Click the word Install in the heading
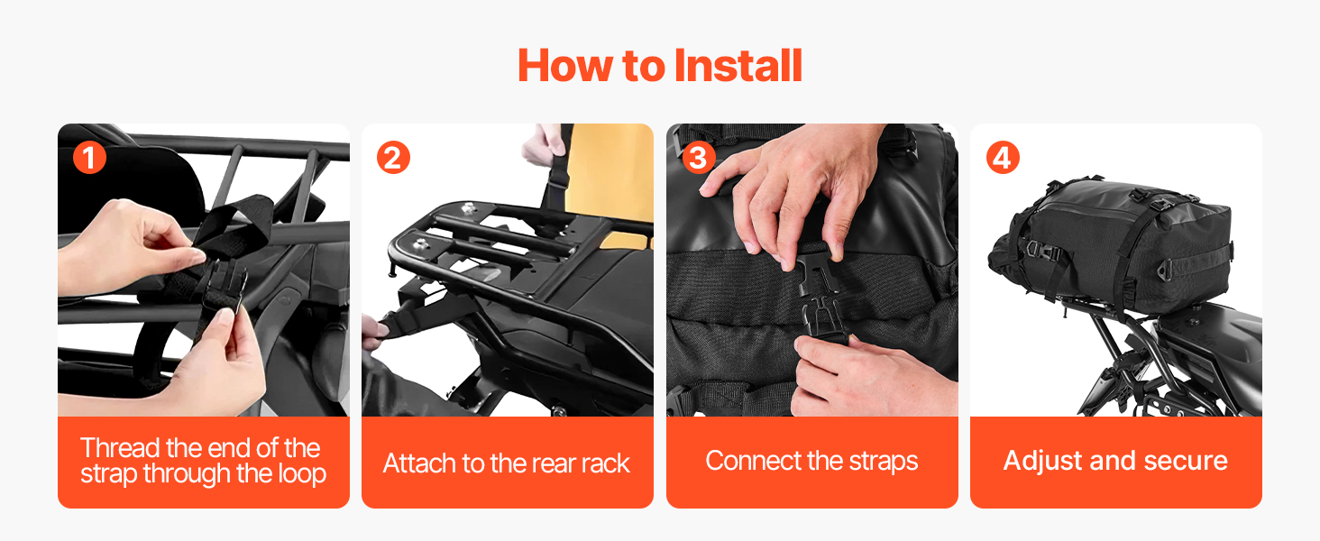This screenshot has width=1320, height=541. pos(738,65)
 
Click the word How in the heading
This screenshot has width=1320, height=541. pos(565,65)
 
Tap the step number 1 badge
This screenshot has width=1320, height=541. pos(89,158)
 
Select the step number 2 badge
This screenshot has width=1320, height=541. pos(393,158)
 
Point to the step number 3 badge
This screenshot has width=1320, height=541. pos(698,158)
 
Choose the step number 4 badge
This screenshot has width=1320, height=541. pos(1003,158)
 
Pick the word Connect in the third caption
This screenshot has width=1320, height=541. pos(752,461)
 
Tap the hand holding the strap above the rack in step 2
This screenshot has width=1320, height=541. pos(542,144)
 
